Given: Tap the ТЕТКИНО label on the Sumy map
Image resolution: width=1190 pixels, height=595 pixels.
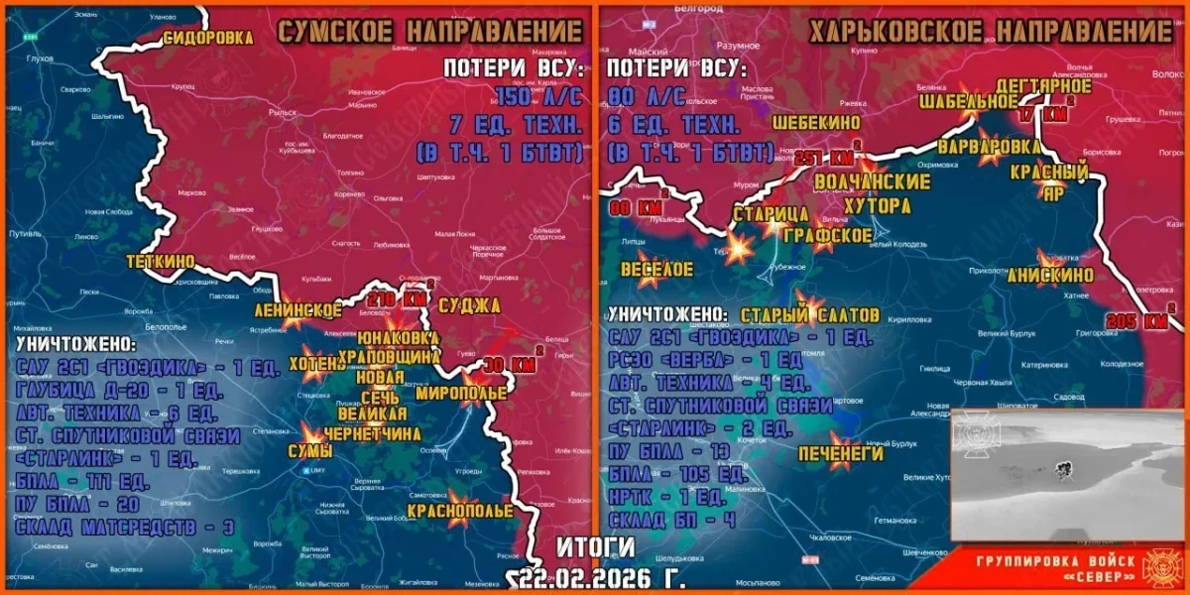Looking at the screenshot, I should (161, 261).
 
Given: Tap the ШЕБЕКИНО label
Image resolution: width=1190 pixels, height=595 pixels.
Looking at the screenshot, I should (817, 122).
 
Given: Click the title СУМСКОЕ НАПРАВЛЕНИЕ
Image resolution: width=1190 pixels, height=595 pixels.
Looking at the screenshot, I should (428, 31).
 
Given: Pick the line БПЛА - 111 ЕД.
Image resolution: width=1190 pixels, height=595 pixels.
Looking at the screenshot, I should (83, 482).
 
